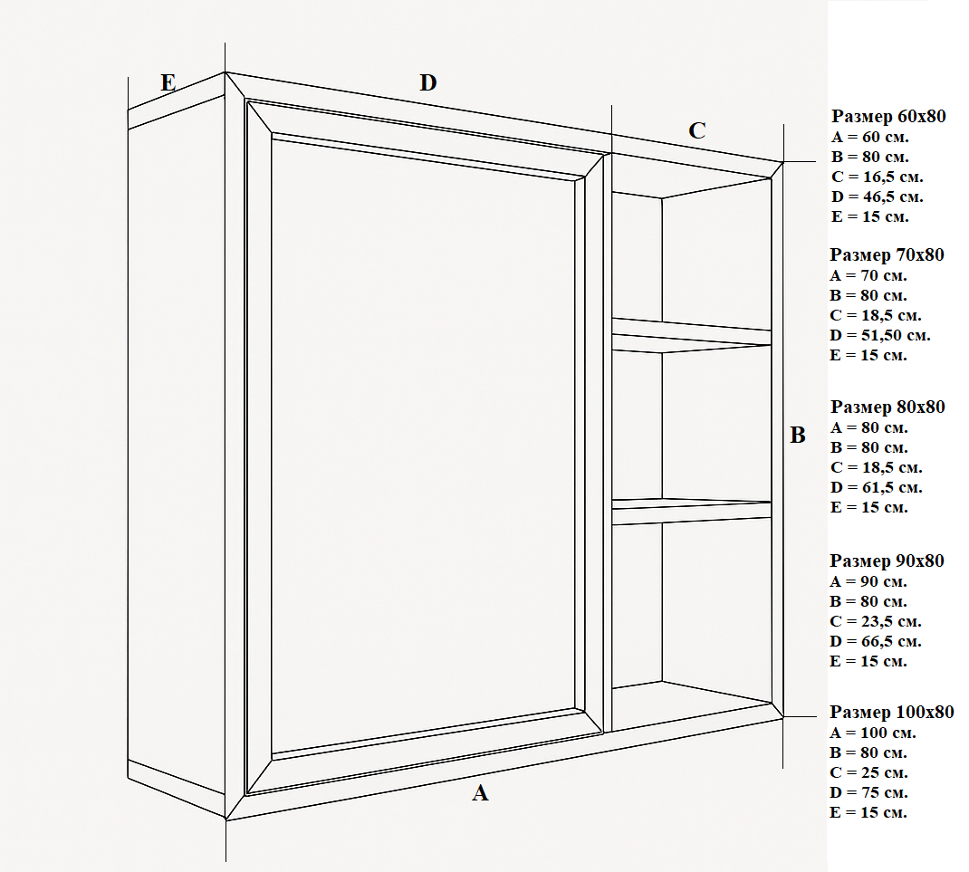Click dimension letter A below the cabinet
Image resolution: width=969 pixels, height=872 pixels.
481,794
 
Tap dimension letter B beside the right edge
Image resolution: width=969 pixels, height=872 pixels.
798,436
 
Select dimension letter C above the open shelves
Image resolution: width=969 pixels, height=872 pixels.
696,130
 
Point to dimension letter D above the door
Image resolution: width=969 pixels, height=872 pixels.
428,83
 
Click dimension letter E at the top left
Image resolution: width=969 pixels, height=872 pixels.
168,83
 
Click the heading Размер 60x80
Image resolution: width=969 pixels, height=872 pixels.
887,117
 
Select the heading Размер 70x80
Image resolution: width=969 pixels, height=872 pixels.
887,254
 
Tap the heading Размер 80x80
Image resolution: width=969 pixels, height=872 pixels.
887,407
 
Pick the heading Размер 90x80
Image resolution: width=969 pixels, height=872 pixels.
887,561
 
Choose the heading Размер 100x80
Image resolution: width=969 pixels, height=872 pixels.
891,713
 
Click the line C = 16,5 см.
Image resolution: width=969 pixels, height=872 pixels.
876,177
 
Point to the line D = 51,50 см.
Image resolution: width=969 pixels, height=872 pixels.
879,335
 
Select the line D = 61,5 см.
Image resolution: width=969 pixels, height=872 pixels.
876,487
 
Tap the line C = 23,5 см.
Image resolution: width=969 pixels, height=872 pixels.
876,621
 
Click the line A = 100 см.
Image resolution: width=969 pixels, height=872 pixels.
872,733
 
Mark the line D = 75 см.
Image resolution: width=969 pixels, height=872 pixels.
868,792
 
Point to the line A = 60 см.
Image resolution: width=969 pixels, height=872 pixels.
868,137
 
